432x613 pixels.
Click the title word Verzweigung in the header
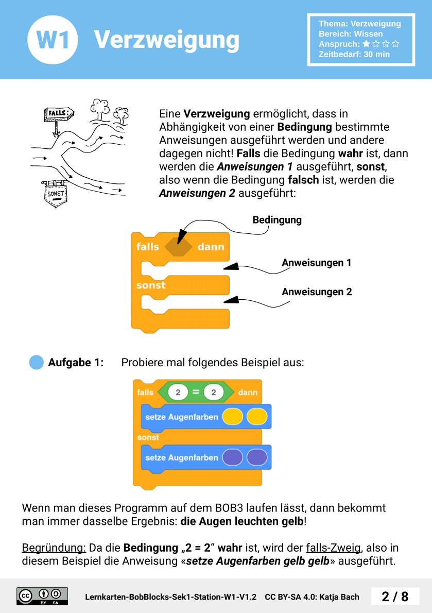[x=166, y=40]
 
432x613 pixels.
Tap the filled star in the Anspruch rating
[x=366, y=44]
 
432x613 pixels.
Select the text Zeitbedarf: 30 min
[x=354, y=54]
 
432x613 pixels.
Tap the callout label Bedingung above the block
[x=277, y=220]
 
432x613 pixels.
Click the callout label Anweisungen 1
[x=316, y=263]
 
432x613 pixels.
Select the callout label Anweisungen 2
[x=317, y=292]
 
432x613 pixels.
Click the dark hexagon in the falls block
[x=178, y=247]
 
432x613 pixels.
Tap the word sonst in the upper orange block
[x=151, y=285]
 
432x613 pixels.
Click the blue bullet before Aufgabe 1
[x=37, y=363]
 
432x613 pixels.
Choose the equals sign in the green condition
[x=196, y=393]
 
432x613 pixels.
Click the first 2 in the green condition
[x=178, y=393]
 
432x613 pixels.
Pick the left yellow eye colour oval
[x=232, y=417]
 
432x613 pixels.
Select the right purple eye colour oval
[x=257, y=457]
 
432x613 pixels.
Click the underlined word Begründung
[x=54, y=548]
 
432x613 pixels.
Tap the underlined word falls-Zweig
[x=334, y=548]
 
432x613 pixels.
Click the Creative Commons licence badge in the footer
[x=42, y=596]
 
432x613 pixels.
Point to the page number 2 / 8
[x=395, y=597]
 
